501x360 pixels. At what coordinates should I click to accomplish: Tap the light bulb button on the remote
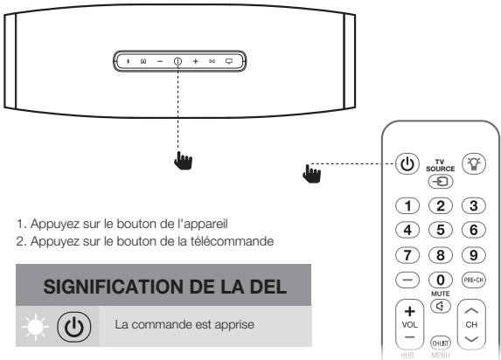point(475,164)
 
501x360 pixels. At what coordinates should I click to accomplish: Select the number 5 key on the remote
point(441,230)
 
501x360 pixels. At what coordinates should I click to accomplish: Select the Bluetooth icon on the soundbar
point(129,62)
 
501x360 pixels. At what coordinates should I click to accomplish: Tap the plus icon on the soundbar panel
point(195,62)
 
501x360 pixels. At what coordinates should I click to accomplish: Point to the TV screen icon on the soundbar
point(229,62)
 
